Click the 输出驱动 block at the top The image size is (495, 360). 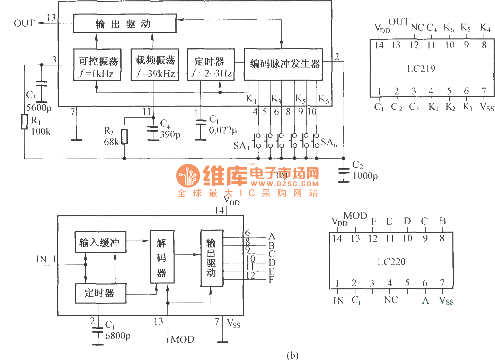(x=125, y=24)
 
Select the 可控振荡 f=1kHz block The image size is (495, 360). (x=97, y=65)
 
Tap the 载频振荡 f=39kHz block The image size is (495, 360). (x=154, y=65)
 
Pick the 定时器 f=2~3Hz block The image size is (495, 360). (x=211, y=65)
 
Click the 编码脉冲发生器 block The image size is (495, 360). (x=283, y=64)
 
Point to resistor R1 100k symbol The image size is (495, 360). (x=24, y=121)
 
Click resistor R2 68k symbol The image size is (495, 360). (x=124, y=137)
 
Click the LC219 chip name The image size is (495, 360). (x=421, y=69)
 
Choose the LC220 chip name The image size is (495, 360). (x=391, y=262)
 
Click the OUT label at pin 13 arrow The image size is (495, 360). (x=24, y=23)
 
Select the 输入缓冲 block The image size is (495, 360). (x=100, y=242)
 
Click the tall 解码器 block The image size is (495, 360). (x=162, y=257)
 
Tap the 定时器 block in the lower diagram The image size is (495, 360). (x=100, y=293)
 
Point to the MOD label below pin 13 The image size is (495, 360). (x=183, y=340)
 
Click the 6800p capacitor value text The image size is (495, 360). (x=118, y=335)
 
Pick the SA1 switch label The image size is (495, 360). (x=241, y=146)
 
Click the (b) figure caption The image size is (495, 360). (x=292, y=355)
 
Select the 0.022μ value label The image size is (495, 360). (x=223, y=130)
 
